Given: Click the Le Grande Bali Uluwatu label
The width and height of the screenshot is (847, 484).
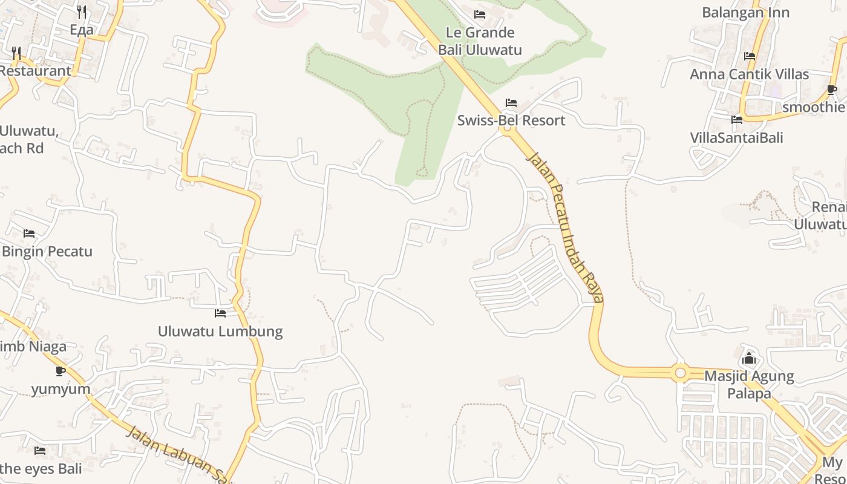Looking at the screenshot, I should (480, 41).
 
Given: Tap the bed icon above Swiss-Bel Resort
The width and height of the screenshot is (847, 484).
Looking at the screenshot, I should (511, 103).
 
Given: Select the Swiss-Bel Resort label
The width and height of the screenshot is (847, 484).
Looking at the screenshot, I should (511, 120).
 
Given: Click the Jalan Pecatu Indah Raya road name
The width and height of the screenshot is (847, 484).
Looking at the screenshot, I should (565, 226).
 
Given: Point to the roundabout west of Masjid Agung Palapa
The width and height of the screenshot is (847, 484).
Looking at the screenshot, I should (681, 373).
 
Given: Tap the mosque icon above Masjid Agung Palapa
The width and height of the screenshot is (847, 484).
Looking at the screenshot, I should (749, 358).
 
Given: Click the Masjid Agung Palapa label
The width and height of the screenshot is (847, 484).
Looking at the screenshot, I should (749, 385).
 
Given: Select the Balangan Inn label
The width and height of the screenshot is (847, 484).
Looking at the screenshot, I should (745, 13).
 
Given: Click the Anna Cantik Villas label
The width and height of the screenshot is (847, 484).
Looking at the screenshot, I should (750, 74).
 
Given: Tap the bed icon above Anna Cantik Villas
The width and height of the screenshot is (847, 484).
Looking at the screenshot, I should (750, 56).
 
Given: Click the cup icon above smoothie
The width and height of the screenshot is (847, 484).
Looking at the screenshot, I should (832, 90).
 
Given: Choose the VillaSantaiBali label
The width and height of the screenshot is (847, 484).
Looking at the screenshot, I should (736, 138).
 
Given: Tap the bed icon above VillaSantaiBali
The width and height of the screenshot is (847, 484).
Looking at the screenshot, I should (736, 120).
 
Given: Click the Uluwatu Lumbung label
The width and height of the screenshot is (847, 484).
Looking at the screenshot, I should (220, 332).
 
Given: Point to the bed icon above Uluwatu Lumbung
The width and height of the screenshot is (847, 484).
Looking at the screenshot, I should (220, 313).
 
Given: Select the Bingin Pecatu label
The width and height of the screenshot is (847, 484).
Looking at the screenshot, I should (47, 251).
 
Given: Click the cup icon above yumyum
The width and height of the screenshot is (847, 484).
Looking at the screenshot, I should (60, 371).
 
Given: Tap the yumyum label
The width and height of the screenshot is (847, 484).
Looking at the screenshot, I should (60, 389).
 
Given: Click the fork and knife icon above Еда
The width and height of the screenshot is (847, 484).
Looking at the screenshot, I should (82, 12).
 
